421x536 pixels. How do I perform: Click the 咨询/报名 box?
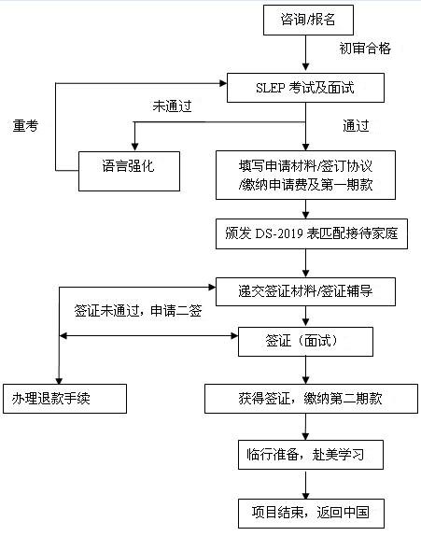click(x=308, y=20)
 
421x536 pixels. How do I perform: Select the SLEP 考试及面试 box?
click(x=305, y=88)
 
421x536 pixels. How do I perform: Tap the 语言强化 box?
click(x=129, y=171)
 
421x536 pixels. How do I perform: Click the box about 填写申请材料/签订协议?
click(x=305, y=175)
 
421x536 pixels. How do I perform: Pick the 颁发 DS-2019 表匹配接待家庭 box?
click(x=312, y=233)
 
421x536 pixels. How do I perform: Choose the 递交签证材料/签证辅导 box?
click(x=305, y=291)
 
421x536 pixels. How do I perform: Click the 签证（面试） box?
click(x=305, y=342)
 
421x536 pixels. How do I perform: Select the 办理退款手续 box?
click(x=65, y=399)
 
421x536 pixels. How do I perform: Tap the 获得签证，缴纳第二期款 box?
click(x=311, y=399)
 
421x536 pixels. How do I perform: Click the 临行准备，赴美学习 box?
click(x=311, y=455)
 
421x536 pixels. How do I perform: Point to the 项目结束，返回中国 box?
click(x=311, y=514)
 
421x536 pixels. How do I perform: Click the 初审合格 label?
click(x=365, y=49)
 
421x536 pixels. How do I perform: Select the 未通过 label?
click(x=172, y=106)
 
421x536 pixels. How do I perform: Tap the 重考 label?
click(x=25, y=126)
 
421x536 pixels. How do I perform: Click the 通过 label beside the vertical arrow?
click(x=356, y=126)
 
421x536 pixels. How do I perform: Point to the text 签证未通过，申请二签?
click(x=138, y=311)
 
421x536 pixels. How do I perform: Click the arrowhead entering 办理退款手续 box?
click(x=59, y=380)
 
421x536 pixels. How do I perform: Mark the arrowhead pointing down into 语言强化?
click(x=135, y=148)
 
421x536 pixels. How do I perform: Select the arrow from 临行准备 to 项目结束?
click(x=305, y=484)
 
